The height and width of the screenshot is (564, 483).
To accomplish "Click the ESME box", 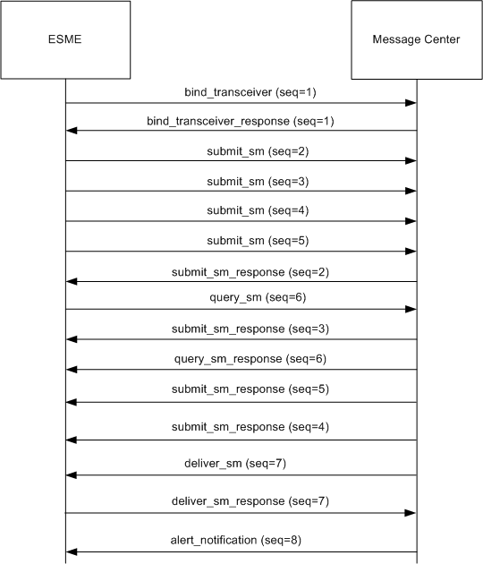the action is click(65, 39).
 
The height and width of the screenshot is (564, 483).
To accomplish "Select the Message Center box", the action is click(417, 39).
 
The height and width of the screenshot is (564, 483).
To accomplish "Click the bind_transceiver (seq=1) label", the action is click(250, 92).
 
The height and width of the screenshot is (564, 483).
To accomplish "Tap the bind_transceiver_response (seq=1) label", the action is click(241, 121).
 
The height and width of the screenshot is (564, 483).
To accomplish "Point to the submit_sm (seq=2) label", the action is click(258, 151).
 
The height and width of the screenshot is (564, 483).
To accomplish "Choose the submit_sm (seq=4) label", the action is click(258, 210).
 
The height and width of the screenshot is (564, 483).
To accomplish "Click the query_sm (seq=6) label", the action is click(258, 297).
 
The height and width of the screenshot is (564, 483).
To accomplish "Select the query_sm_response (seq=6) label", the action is click(250, 359).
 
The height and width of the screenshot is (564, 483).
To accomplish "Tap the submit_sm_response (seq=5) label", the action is click(250, 389).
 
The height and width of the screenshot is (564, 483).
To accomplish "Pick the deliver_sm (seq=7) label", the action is click(235, 464).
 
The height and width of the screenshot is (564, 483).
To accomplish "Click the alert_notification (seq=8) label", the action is click(236, 540).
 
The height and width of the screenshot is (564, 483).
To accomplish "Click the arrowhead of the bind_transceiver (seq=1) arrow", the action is click(411, 103).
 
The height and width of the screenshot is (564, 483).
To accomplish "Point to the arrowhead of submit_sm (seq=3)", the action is click(411, 191).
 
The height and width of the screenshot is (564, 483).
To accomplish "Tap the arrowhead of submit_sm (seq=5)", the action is click(411, 252).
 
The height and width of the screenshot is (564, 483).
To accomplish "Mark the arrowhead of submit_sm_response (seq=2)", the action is click(72, 282).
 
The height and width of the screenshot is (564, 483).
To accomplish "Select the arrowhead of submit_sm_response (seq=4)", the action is click(72, 440).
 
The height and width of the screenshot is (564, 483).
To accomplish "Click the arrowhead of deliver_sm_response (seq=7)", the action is click(410, 513).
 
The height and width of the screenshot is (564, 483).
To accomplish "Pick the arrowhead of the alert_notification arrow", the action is click(72, 551).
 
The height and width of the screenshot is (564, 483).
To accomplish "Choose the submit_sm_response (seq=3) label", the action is click(250, 329).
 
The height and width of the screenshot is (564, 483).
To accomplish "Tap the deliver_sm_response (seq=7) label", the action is click(250, 501).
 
